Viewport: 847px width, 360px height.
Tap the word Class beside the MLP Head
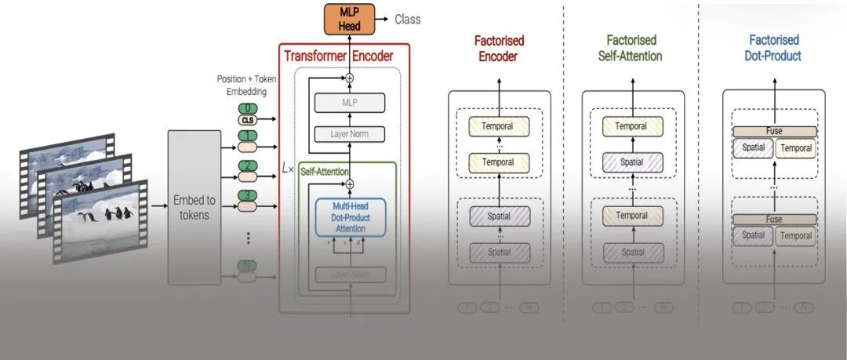407,19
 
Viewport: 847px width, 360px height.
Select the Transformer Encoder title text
338,56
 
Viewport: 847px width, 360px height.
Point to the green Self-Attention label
325,170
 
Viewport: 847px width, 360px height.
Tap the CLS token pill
248,120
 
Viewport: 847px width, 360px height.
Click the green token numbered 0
248,108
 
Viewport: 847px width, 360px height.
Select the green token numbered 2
248,165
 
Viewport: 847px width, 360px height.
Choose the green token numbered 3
248,195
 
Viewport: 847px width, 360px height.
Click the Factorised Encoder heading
499,48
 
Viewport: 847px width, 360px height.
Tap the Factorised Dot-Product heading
773,48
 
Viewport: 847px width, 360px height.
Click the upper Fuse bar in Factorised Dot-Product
774,132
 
